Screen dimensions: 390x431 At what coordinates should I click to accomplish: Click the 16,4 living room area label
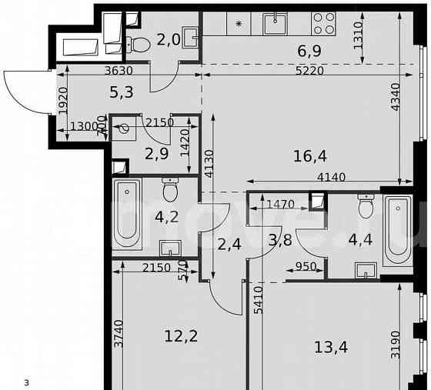tap(310, 156)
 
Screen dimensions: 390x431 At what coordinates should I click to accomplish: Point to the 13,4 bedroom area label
tap(331, 347)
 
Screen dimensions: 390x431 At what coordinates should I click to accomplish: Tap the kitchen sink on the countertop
tap(276, 24)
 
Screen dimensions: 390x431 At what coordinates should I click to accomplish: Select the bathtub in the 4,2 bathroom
tap(128, 214)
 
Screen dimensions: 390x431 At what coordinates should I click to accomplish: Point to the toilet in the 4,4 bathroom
tap(366, 206)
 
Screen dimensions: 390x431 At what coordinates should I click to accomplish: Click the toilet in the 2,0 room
tap(139, 43)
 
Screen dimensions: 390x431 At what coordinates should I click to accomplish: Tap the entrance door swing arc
tap(23, 91)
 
